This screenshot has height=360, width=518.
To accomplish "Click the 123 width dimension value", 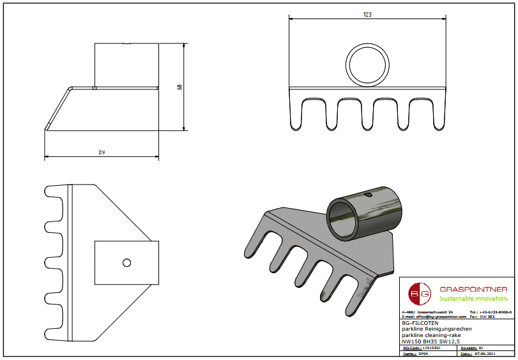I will coord(368,13).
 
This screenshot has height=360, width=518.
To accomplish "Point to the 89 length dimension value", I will coord(102,152).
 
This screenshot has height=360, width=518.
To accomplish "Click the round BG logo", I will coord(421,294).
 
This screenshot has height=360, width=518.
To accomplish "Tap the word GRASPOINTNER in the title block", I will coord(473,289).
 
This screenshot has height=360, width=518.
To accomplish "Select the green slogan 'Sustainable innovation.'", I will coord(473,298).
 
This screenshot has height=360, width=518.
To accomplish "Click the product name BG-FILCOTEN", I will coord(416,324).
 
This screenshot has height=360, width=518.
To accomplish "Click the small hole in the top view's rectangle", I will coord(126,262).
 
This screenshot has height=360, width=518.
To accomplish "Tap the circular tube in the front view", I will coord(368,66).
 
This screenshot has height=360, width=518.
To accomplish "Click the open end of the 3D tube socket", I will coord(344,218).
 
